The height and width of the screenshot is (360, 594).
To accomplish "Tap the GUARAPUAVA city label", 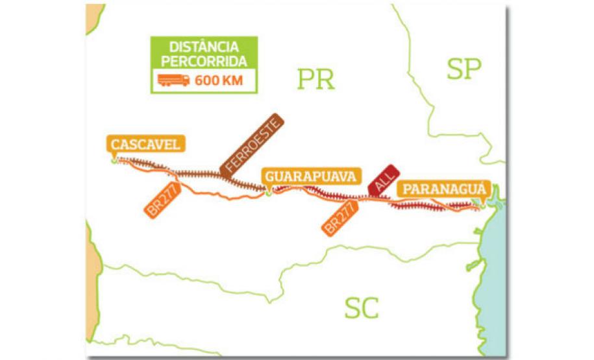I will [311, 176].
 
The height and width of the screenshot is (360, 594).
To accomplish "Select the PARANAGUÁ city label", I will [444, 189].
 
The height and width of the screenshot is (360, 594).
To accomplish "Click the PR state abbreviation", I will [316, 79].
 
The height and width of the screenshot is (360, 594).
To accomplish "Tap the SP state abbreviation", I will [464, 69].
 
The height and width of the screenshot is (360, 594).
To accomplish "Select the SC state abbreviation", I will [362, 307].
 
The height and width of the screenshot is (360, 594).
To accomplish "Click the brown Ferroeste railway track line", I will [195, 174].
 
